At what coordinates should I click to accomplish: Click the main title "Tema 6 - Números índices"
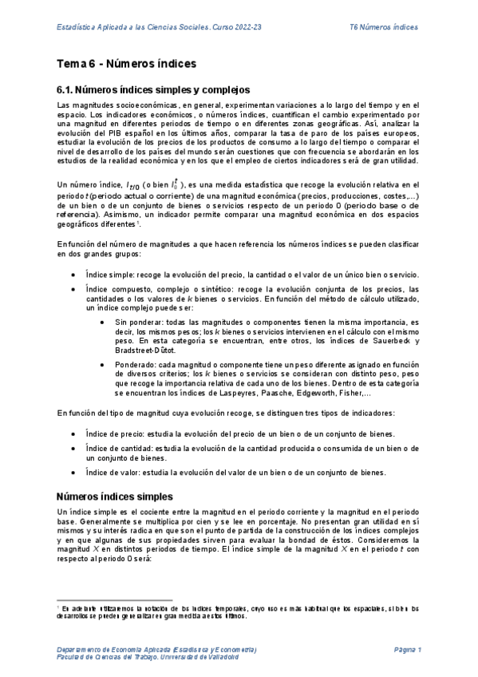127,63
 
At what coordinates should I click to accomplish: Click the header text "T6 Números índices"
384,27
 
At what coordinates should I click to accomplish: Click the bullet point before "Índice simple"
73,275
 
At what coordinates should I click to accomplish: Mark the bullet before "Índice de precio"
73,434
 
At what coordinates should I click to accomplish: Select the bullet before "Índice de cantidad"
73,449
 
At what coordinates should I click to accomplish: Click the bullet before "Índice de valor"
73,473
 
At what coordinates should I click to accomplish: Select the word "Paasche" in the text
288,393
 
